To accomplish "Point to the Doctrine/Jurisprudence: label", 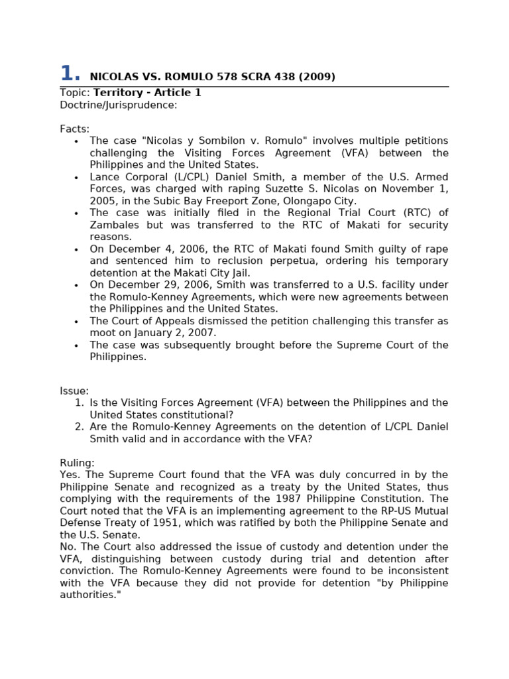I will click(119, 105).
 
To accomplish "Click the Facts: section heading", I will click(74, 129).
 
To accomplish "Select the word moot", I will click(103, 333).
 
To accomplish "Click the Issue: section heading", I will click(74, 391).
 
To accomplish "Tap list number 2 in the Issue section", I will click(79, 427).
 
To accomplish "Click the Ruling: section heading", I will click(77, 463).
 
